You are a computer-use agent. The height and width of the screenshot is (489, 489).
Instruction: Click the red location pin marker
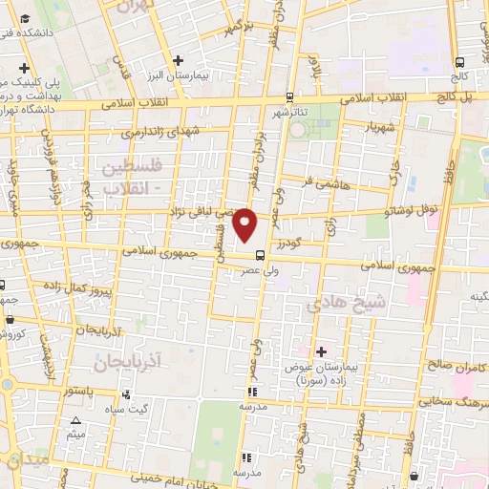246,224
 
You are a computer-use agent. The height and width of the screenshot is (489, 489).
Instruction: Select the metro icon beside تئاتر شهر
289,96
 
